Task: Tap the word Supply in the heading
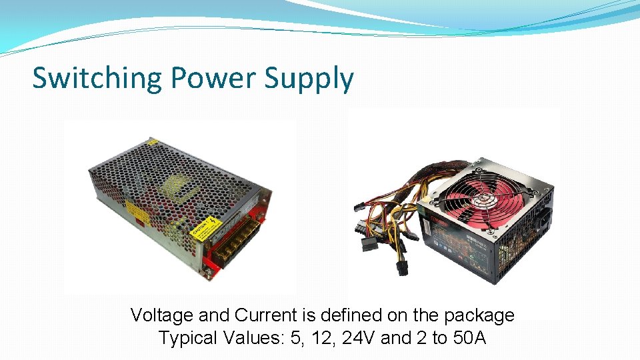(x=309, y=79)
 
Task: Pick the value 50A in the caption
(x=469, y=337)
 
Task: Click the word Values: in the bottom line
(x=255, y=337)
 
